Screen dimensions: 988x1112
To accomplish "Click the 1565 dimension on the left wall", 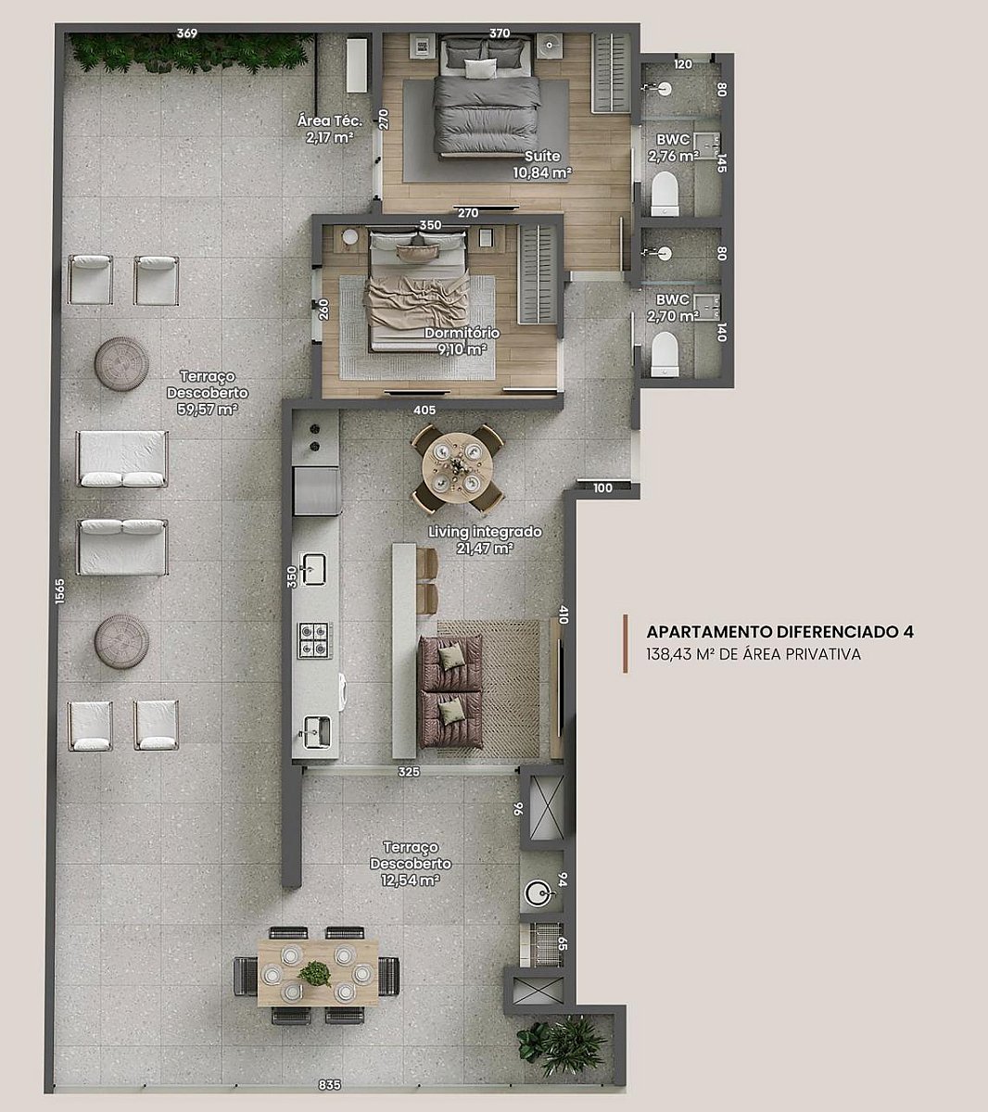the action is [60, 591].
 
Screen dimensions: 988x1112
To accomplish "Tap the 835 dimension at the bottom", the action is [329, 1084].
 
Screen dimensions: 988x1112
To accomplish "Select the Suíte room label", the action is [542, 156].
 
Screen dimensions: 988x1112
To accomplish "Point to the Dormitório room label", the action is [462, 334].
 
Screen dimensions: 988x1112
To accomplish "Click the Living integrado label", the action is [485, 532].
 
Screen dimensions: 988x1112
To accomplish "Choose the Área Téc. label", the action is [329, 120].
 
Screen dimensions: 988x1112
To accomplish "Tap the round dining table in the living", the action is [457, 468].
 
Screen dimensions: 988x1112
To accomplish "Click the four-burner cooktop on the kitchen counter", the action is [315, 640].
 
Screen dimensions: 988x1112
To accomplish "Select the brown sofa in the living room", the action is [450, 691].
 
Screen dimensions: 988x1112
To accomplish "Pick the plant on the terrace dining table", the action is [314, 974].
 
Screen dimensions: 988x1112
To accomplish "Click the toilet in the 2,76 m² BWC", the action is [665, 193].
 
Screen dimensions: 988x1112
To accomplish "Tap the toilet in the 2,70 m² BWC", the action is [665, 354].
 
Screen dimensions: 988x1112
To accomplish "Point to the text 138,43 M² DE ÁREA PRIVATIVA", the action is [754, 655].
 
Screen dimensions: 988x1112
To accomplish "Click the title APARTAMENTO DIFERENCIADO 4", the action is [779, 632].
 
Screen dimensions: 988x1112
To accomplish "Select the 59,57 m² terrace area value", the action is [207, 409].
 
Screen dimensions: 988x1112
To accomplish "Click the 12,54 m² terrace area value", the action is [410, 880].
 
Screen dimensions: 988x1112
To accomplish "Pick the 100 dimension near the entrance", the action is [602, 488].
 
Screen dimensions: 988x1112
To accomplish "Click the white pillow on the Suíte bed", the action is [481, 69].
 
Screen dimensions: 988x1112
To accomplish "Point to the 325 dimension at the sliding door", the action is [409, 772].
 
